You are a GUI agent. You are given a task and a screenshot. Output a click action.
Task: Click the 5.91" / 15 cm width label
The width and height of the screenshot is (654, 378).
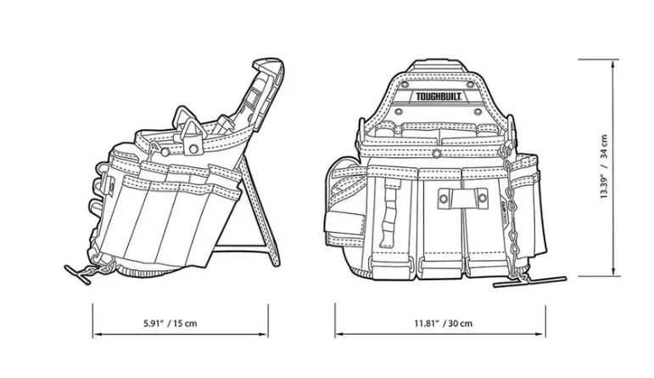[x=180, y=323]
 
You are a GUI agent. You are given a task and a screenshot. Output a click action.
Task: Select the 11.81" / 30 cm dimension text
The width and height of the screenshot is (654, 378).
[x=444, y=323]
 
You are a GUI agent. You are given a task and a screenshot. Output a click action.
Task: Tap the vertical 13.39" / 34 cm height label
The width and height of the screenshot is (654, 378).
[x=604, y=166]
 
